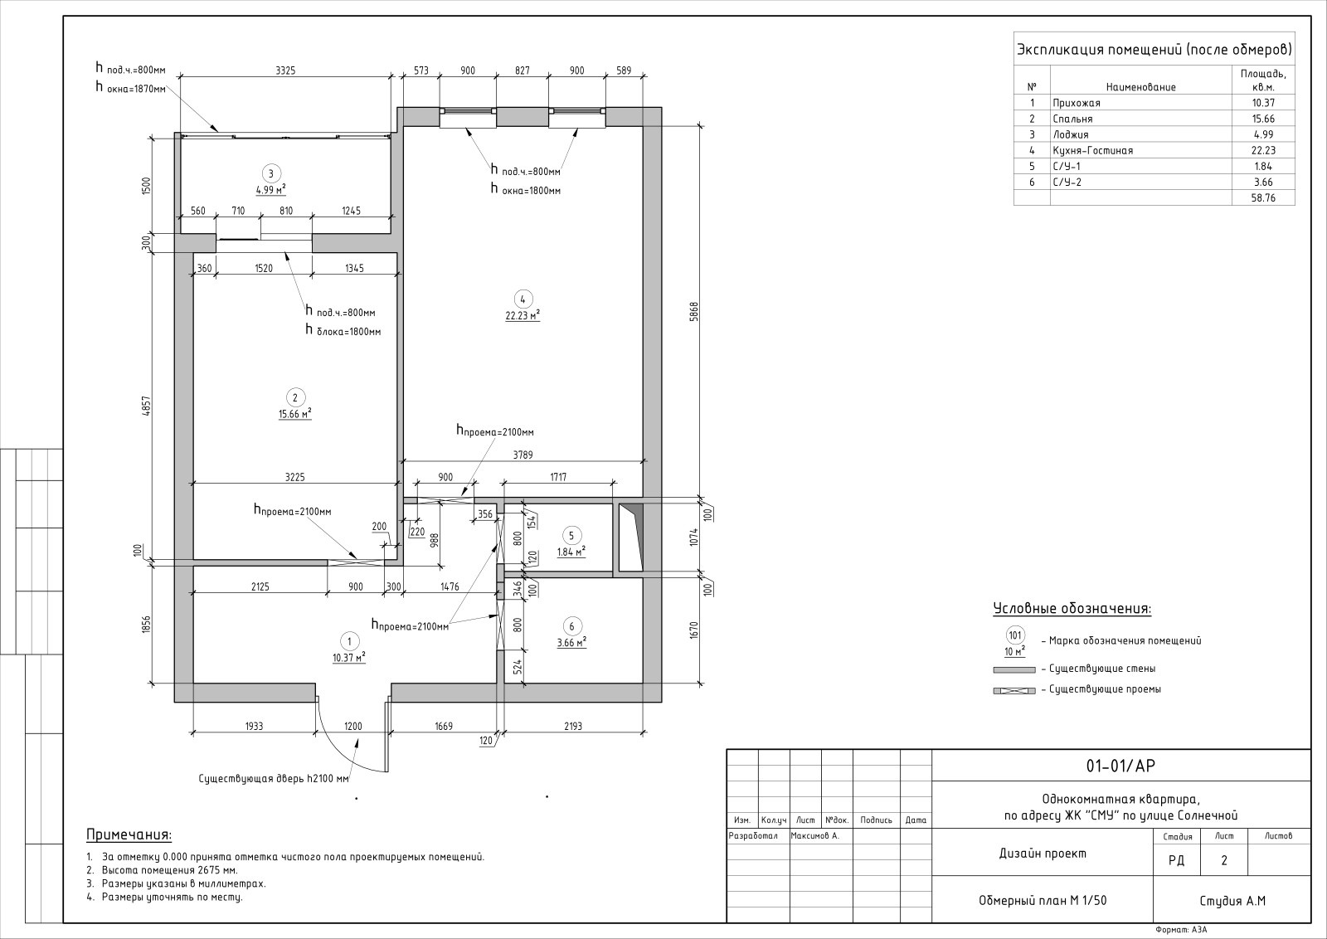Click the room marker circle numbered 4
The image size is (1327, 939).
523,299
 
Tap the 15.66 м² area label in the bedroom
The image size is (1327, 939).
295,414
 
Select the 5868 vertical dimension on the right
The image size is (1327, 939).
694,312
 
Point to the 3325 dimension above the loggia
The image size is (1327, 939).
285,71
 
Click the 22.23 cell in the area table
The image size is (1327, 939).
1263,150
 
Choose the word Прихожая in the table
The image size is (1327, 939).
1077,103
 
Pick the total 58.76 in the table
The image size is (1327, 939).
1263,198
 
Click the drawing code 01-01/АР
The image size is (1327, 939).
1120,766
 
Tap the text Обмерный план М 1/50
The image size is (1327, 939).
1043,901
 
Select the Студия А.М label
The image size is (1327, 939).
1232,901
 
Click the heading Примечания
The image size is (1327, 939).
129,835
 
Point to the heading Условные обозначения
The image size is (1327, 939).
1072,609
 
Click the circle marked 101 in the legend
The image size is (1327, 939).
1015,635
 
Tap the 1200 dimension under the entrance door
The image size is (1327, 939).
353,727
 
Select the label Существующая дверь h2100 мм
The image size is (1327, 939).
274,779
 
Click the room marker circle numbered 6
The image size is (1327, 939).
571,626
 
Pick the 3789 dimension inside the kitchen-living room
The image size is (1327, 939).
523,455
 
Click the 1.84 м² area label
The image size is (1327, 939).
571,552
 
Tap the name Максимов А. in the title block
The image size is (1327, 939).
815,836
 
